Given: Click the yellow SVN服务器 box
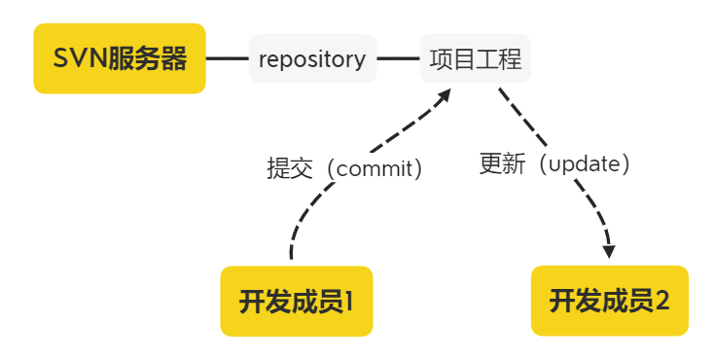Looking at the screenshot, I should (120, 58).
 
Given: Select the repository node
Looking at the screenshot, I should (312, 58).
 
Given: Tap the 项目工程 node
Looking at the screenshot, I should (476, 58).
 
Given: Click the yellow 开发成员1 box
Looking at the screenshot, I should (297, 301).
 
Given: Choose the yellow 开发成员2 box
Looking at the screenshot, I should (610, 301).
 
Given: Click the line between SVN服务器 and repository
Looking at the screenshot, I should (228, 58).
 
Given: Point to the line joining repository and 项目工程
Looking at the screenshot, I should (398, 58).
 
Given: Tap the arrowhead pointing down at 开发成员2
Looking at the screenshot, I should (609, 252).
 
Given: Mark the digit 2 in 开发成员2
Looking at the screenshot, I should (661, 301).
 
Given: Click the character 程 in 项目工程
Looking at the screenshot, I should (511, 58).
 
